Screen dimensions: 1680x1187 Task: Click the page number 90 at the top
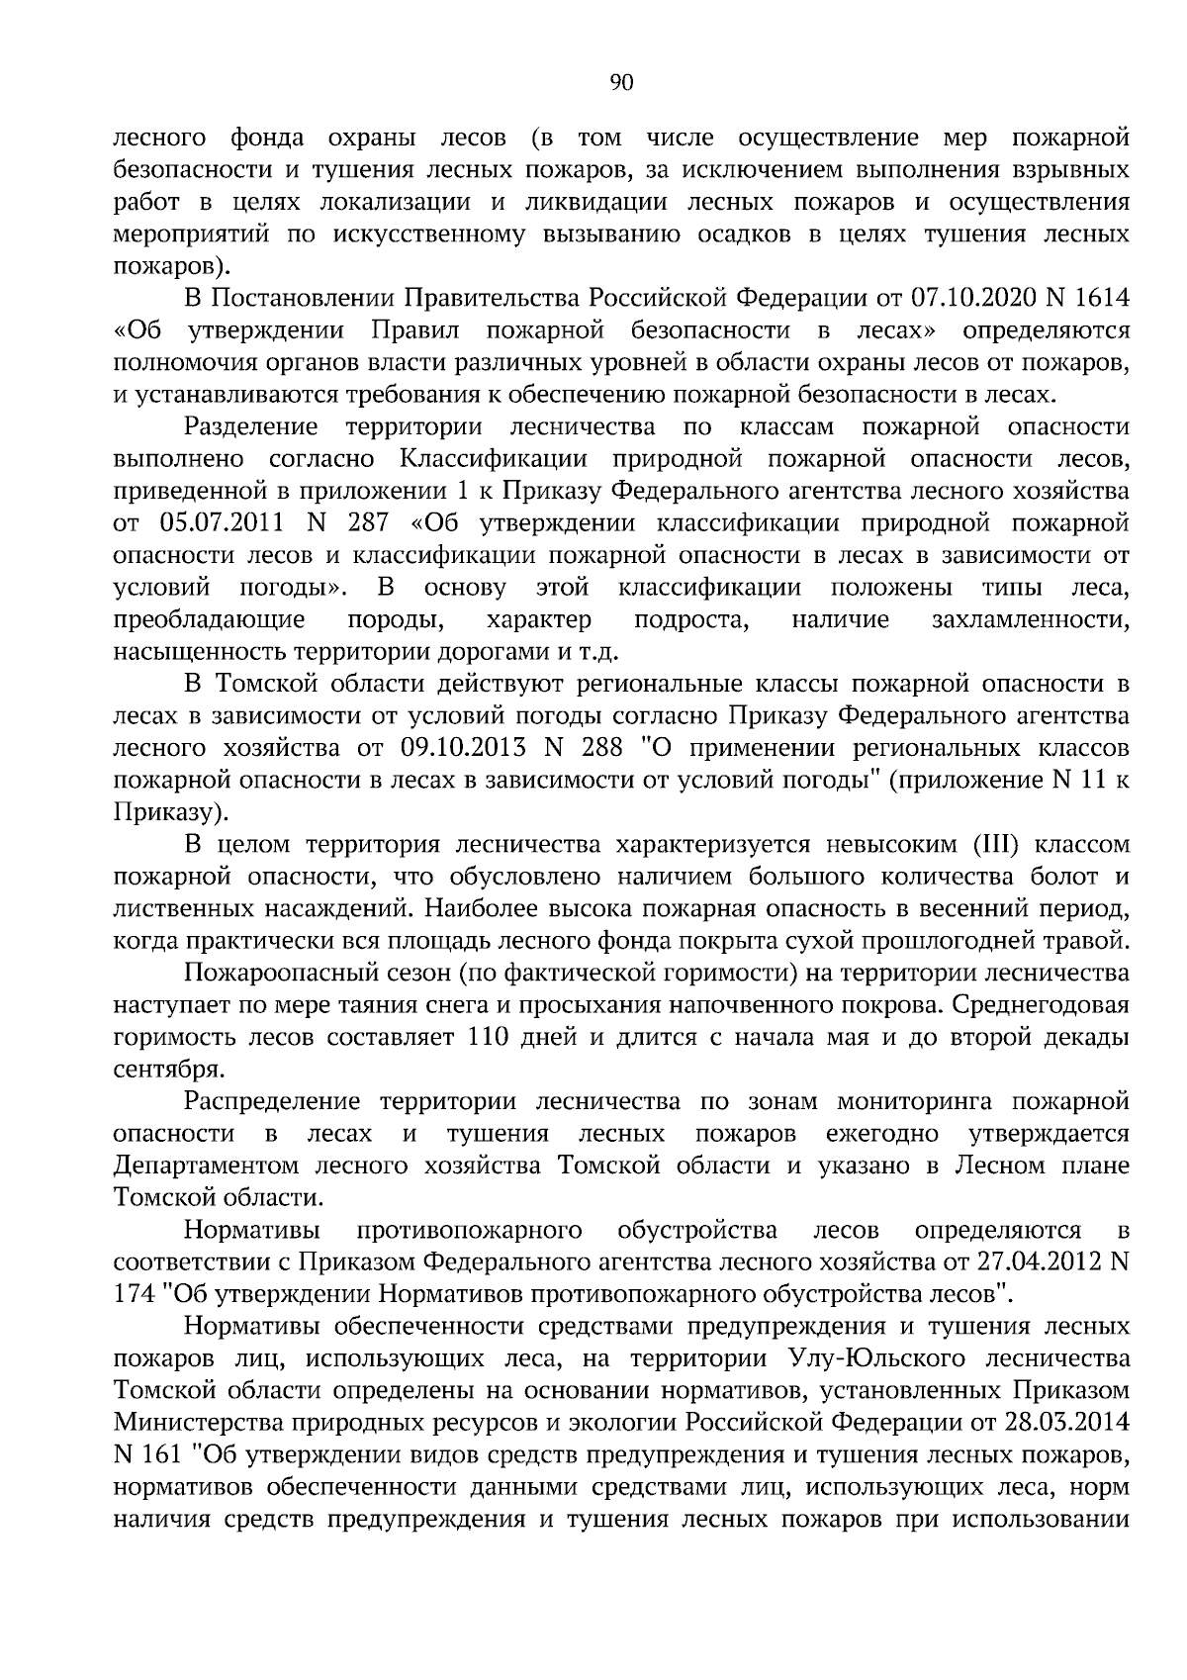point(622,83)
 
